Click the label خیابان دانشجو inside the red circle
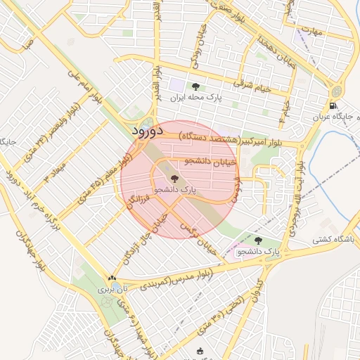click(x=211, y=161)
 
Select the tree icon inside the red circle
click(x=174, y=179)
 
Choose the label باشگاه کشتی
click(x=336, y=239)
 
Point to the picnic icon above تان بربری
click(x=111, y=278)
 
